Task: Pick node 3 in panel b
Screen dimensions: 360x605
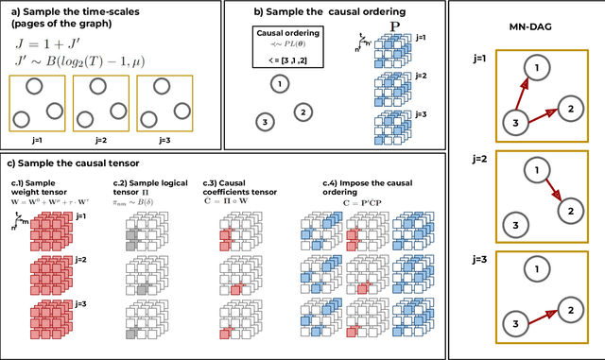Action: [x=266, y=121]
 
